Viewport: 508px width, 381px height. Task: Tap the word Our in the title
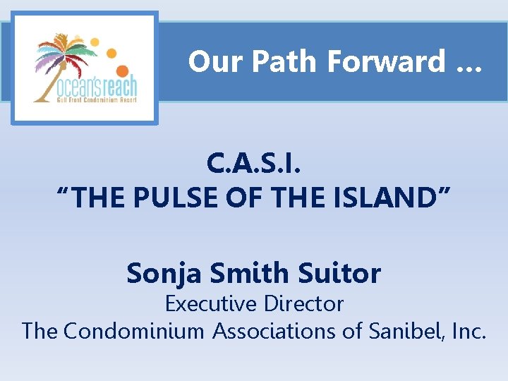pyautogui.click(x=215, y=62)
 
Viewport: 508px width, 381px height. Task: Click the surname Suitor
pyautogui.click(x=344, y=273)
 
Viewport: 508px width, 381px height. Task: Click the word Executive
pyautogui.click(x=210, y=304)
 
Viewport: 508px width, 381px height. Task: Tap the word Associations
pyautogui.click(x=289, y=331)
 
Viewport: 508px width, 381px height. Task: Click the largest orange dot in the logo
pyautogui.click(x=122, y=71)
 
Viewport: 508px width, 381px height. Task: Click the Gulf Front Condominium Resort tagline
pyautogui.click(x=87, y=100)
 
